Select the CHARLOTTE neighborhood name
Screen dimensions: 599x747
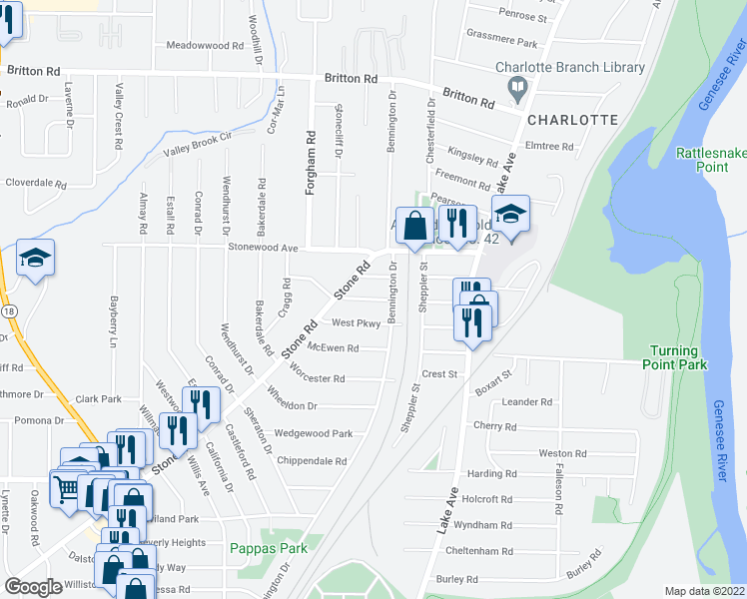pos(572,120)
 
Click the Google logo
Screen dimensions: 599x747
pos(33,587)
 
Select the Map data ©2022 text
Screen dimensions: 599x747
pos(705,591)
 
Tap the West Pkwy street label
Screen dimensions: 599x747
pos(357,322)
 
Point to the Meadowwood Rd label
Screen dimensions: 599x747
pos(206,46)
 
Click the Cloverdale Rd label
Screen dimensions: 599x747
pos(35,184)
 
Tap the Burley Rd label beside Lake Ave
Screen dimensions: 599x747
pos(458,579)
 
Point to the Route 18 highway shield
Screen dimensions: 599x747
pos(8,311)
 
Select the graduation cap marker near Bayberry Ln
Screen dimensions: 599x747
pos(35,260)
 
